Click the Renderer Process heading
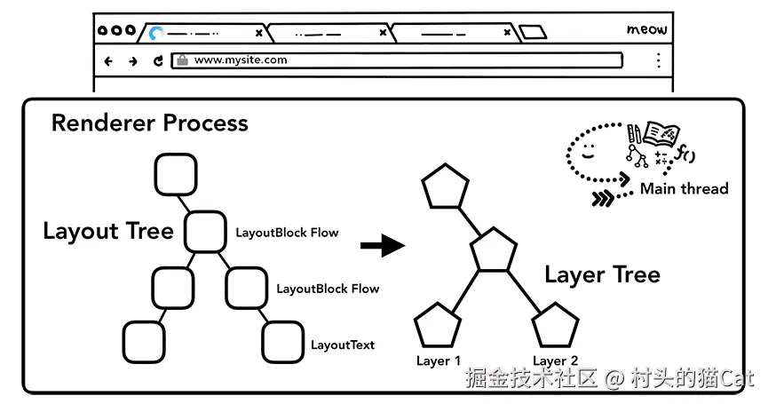(x=149, y=123)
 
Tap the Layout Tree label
(x=107, y=232)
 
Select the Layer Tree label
(x=602, y=274)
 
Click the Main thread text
(x=684, y=188)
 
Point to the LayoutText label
(x=343, y=345)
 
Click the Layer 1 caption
(x=439, y=361)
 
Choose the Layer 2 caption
(x=556, y=361)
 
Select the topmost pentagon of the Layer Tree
(x=444, y=187)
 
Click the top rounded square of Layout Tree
(x=175, y=174)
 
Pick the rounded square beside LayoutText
(x=283, y=340)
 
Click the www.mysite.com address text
(x=241, y=60)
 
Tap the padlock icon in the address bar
(x=182, y=60)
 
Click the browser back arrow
(x=109, y=61)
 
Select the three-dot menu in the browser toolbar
(x=658, y=60)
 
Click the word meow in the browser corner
(x=646, y=30)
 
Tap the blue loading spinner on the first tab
(x=156, y=34)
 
